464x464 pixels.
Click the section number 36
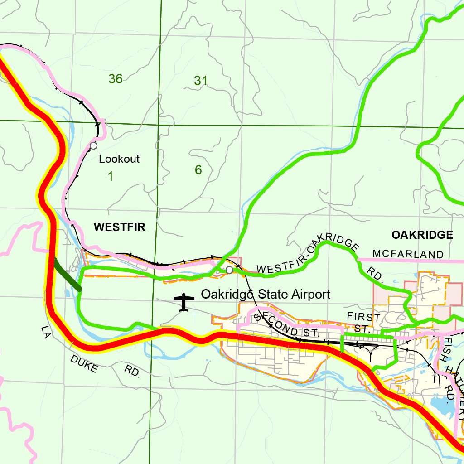tap(116, 79)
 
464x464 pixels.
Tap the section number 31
tap(201, 81)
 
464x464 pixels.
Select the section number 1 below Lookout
tap(110, 176)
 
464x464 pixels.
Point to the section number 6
tap(198, 170)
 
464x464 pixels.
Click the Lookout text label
tap(119, 159)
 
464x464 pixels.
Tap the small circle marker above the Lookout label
tap(93, 145)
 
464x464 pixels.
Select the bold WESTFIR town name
tap(120, 227)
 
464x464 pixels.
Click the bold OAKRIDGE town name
tap(422, 234)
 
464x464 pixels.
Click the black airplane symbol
tap(184, 302)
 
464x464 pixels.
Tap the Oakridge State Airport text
tap(266, 295)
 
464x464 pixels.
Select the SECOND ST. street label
tap(285, 325)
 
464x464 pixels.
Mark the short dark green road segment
tap(67, 274)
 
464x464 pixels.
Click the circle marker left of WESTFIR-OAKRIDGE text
tap(229, 270)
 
